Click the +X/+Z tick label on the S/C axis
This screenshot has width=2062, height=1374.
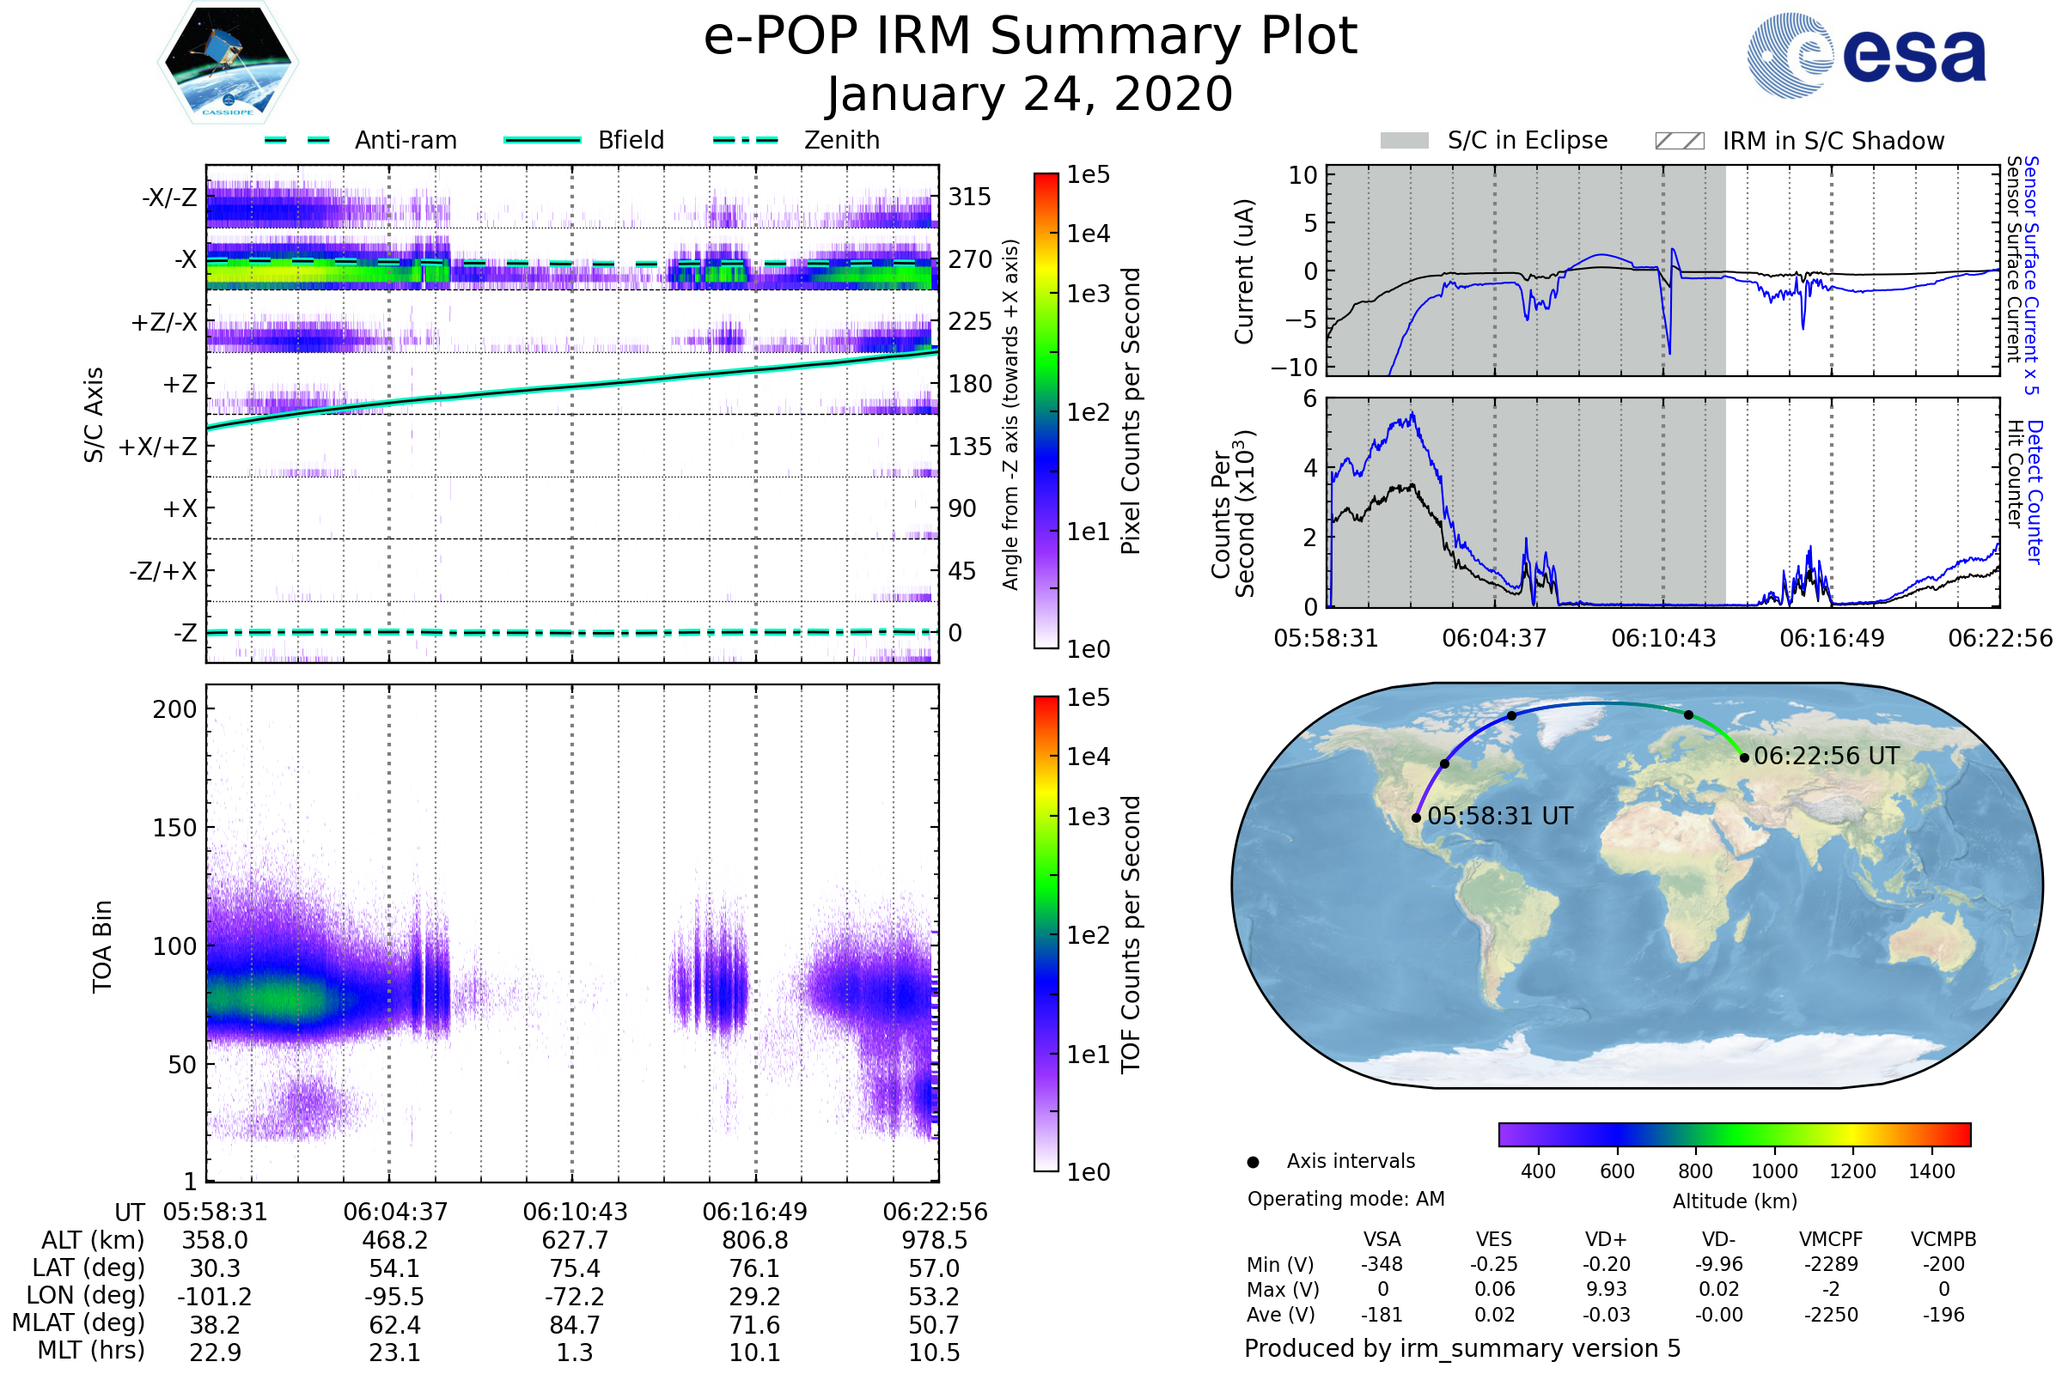click(158, 447)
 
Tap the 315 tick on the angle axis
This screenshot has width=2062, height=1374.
click(970, 197)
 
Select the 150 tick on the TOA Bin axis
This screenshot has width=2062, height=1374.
click(174, 828)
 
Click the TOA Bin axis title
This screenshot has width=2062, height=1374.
click(102, 946)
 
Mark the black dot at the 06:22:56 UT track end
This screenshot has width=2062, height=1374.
click(1745, 758)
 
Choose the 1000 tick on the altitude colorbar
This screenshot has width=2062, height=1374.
click(1773, 1171)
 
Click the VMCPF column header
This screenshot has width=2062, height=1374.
click(1831, 1240)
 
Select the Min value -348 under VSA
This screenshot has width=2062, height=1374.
click(1382, 1264)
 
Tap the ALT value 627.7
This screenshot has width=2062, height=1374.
click(575, 1241)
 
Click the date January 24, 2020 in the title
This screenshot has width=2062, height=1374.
click(1030, 94)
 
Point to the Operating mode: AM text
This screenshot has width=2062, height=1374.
click(1345, 1199)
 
